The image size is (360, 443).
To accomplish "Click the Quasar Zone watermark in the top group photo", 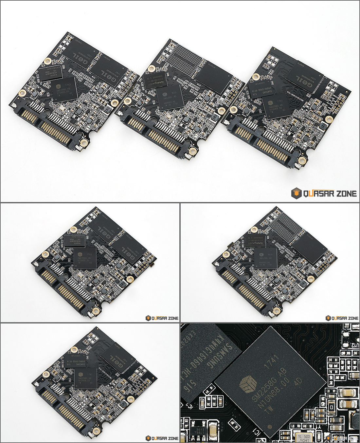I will coord(324,194).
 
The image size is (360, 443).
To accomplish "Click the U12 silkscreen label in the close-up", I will coord(354,345).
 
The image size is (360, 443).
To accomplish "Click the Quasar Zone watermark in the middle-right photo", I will coord(342,318).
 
